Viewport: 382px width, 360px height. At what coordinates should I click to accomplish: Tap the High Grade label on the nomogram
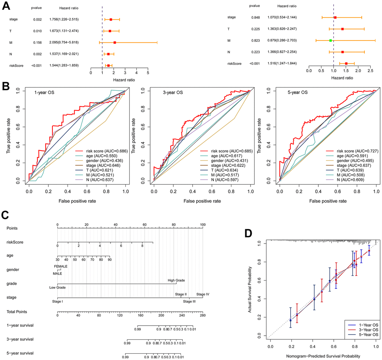[x=176, y=280]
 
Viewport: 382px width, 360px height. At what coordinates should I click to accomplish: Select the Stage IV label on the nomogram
[x=203, y=294]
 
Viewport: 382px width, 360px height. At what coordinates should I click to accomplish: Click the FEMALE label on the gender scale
[x=61, y=266]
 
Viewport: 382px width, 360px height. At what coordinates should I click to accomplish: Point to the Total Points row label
[x=17, y=312]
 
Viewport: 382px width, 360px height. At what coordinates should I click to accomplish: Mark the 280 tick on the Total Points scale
[x=202, y=316]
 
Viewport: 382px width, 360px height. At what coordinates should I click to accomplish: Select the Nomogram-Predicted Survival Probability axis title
[x=323, y=356]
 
